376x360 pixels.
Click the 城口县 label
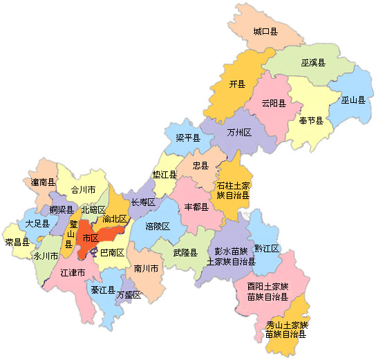265,32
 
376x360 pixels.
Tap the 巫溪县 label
314,62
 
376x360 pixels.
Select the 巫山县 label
352,100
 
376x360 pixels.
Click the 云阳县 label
273,104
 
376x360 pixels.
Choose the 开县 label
237,84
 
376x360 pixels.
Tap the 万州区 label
238,131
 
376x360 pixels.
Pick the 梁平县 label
188,138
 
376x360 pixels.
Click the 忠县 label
200,166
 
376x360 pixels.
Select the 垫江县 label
164,175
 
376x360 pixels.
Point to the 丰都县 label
196,207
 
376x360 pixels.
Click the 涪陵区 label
158,226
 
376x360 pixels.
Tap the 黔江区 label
266,248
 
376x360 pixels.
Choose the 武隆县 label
185,252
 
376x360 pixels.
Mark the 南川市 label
147,267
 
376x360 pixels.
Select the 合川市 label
83,189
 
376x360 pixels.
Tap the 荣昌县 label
17,242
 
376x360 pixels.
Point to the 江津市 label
73,273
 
